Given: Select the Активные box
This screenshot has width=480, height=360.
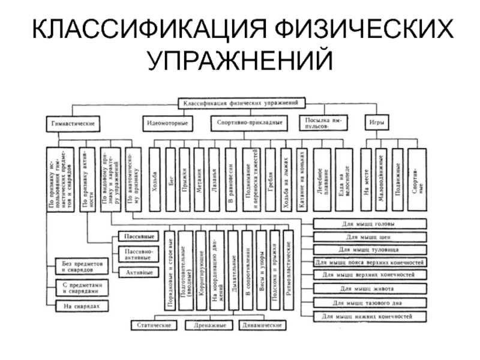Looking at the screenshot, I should (x=137, y=272).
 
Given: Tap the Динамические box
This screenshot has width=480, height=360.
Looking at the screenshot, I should (x=262, y=325).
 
